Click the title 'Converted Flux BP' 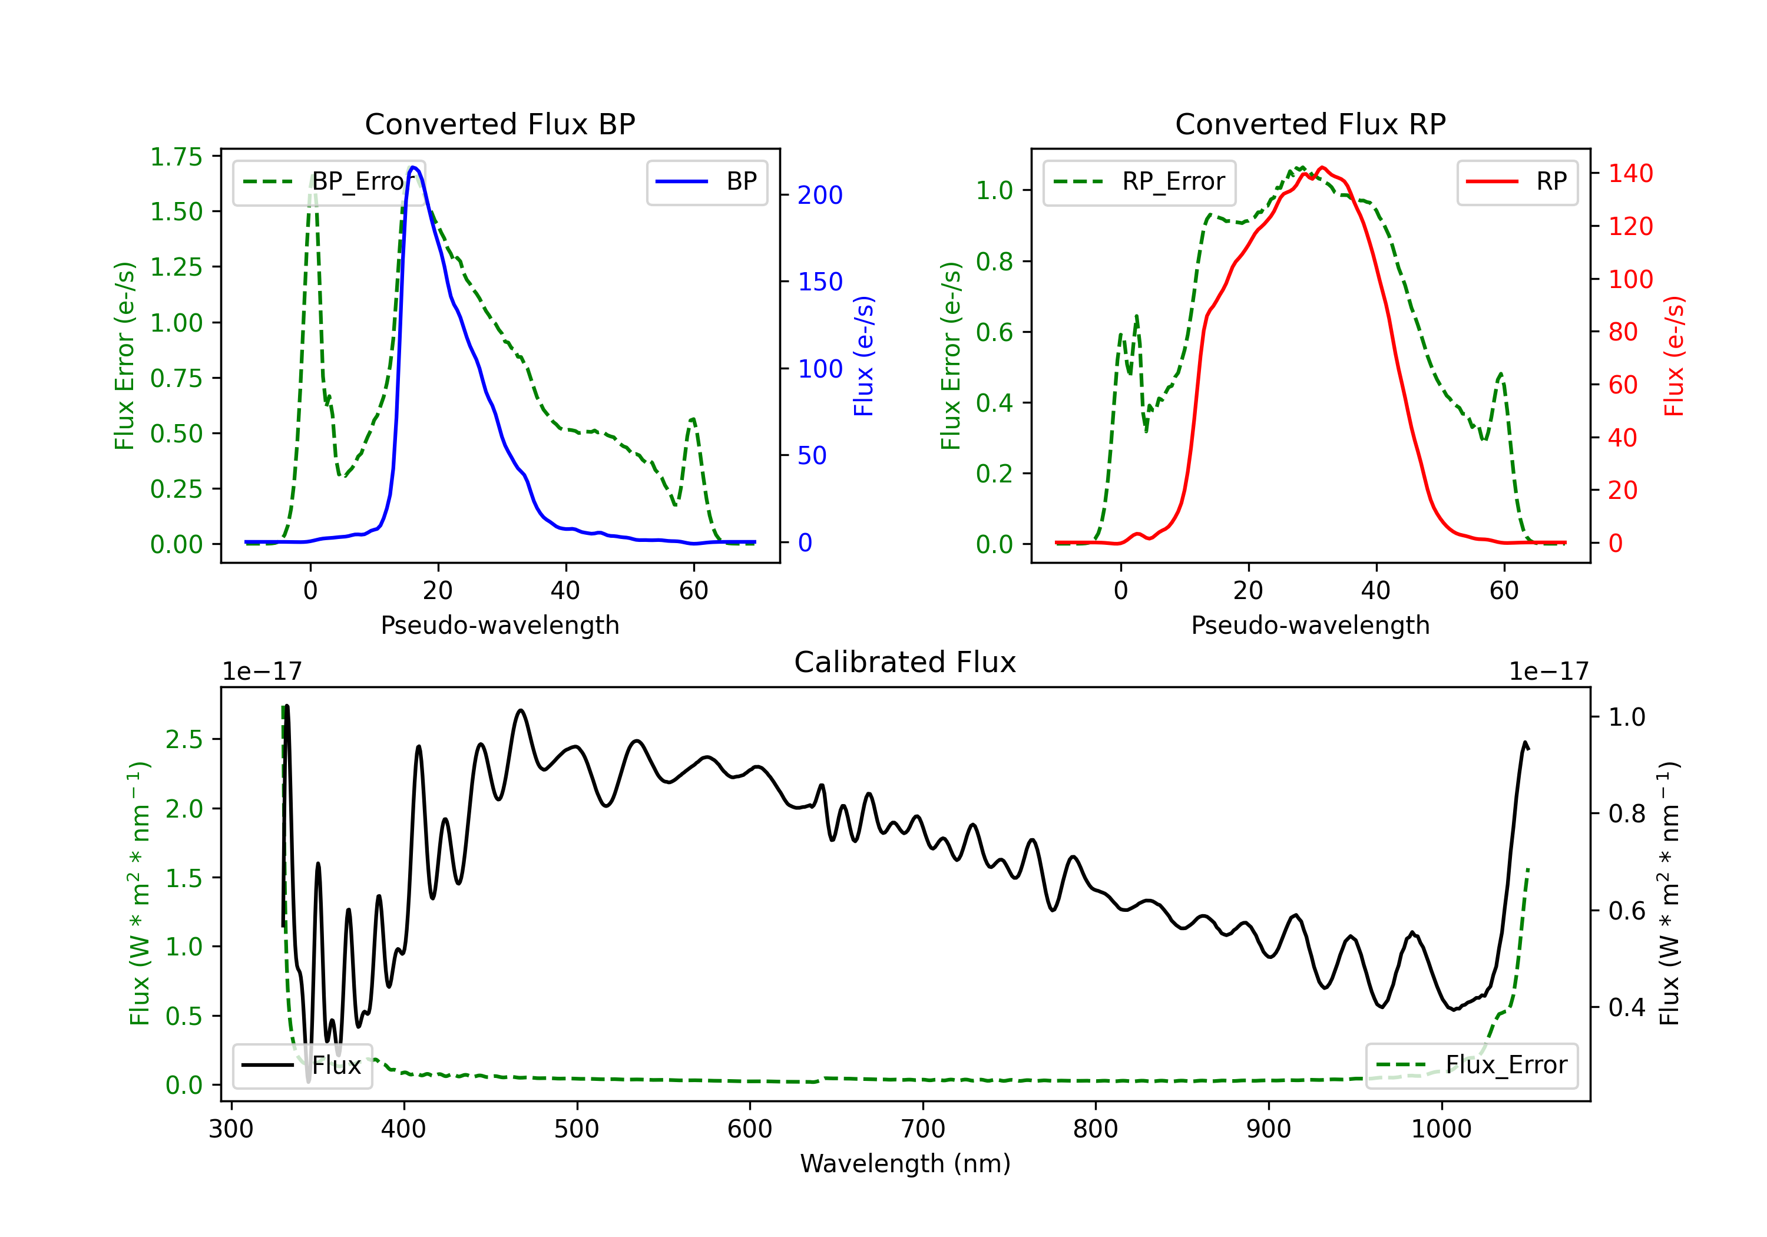(x=500, y=124)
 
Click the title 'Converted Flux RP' (x=1311, y=124)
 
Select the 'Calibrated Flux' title (x=905, y=662)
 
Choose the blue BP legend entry (x=706, y=181)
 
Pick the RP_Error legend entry (x=1139, y=181)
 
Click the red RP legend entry (x=1517, y=181)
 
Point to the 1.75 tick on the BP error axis (x=176, y=157)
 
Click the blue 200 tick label (x=820, y=196)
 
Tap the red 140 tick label (x=1631, y=173)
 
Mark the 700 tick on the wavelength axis (x=923, y=1129)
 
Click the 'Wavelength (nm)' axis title (x=905, y=1163)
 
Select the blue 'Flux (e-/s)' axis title (x=864, y=356)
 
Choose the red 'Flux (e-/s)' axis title (x=1675, y=356)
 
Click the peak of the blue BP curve (x=413, y=167)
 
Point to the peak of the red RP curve (x=1322, y=168)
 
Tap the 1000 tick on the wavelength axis (x=1441, y=1129)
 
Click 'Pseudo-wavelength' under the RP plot (x=1311, y=625)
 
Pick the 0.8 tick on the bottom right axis (x=1627, y=813)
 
